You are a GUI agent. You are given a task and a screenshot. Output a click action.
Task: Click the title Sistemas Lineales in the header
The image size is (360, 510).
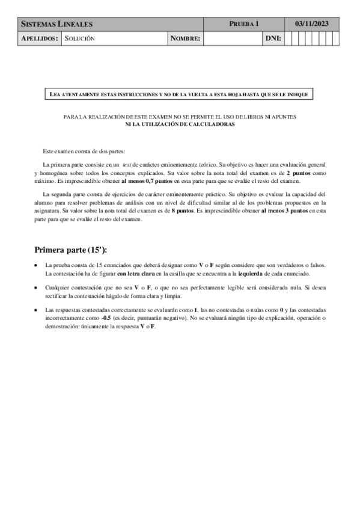pos(57,24)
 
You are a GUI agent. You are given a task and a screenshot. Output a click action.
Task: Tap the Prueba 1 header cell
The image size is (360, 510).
pos(244,24)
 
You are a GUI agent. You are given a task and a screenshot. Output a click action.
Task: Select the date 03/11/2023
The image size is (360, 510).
pos(313,24)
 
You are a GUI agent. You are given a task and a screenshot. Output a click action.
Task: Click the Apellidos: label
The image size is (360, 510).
pos(40,38)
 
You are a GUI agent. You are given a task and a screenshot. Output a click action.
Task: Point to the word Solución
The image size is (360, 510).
pos(80,38)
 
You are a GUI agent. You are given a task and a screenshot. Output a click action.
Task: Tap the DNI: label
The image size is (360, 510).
pos(273,38)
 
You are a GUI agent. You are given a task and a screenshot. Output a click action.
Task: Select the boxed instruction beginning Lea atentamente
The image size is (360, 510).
pos(179,94)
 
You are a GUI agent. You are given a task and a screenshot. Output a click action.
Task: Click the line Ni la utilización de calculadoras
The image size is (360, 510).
pos(180,124)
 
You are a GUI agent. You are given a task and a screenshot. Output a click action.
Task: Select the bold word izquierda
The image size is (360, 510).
pos(259,273)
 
